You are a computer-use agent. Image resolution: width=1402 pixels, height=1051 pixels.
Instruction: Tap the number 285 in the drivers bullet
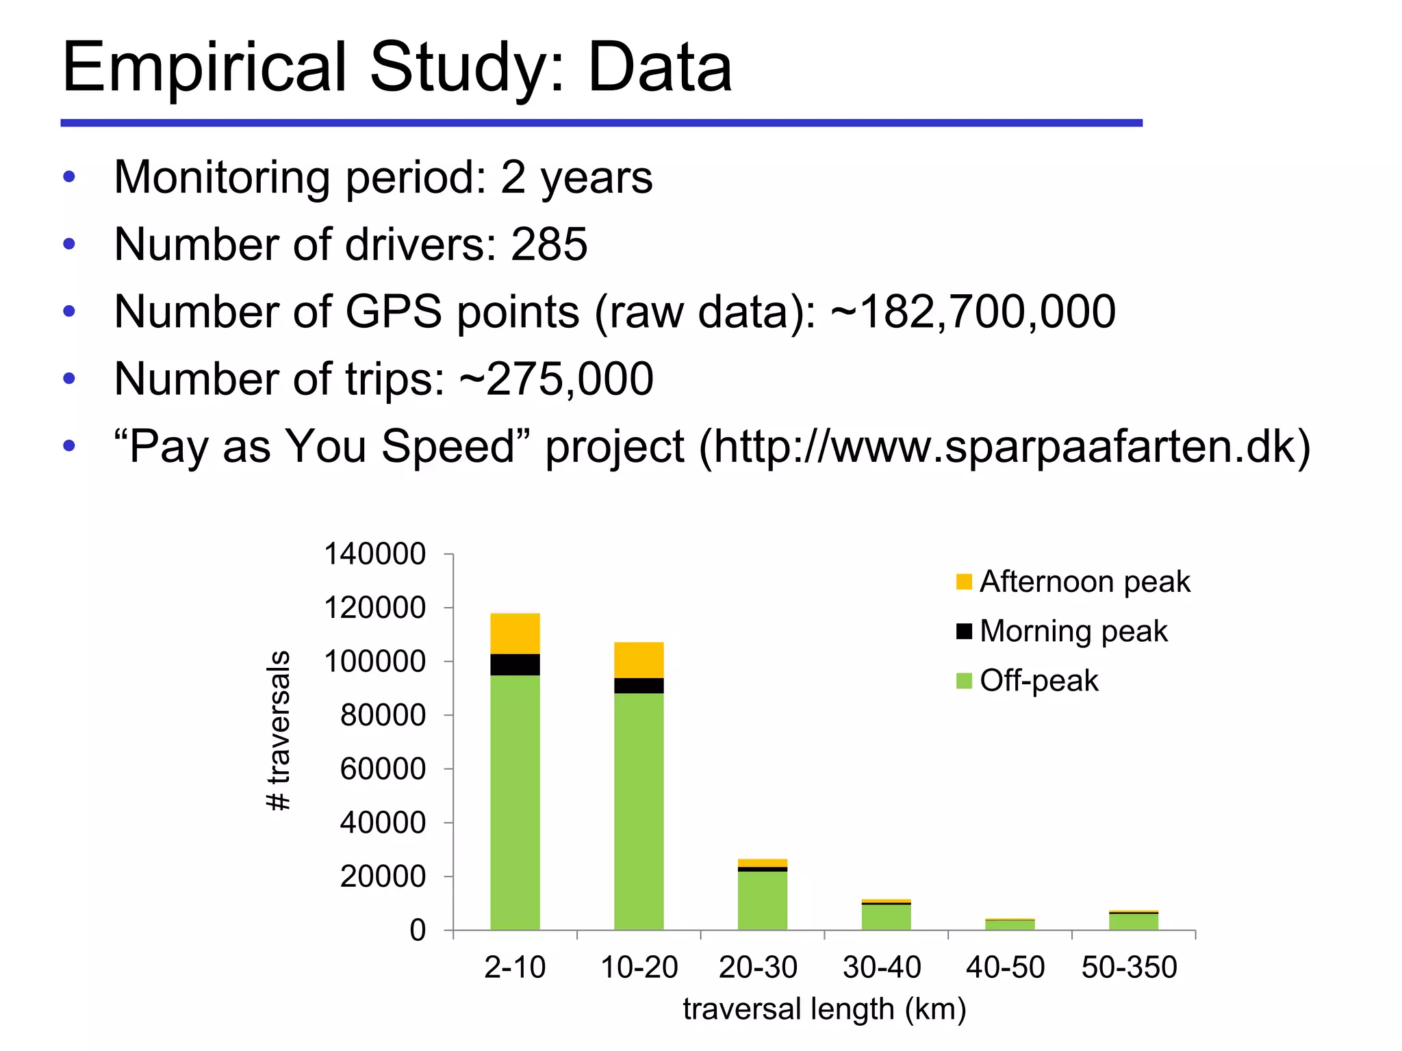pos(549,244)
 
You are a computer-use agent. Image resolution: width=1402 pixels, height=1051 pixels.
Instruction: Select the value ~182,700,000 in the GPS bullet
pos(973,312)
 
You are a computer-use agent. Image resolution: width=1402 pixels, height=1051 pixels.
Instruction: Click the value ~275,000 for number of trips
pos(556,379)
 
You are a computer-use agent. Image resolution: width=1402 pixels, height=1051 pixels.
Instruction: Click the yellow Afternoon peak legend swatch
pos(964,582)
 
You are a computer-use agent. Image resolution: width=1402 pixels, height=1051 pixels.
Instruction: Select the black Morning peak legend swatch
pos(964,632)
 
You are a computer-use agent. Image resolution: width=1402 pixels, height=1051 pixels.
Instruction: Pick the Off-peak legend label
pos(1038,681)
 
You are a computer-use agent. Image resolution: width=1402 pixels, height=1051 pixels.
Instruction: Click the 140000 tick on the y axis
pos(374,554)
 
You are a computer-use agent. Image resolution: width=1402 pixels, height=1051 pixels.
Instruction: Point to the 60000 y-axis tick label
pos(383,769)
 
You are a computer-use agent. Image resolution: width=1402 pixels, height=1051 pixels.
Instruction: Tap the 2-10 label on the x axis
pos(515,968)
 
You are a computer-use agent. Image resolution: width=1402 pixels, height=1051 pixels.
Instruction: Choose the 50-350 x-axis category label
pos(1129,968)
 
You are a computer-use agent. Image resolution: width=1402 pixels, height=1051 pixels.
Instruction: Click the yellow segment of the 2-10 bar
pos(515,634)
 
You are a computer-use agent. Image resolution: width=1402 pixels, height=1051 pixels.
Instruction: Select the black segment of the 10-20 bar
pos(639,686)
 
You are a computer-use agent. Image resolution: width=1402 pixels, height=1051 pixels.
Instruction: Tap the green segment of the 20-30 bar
pos(762,900)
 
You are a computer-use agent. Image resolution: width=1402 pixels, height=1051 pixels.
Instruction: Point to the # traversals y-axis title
pos(279,731)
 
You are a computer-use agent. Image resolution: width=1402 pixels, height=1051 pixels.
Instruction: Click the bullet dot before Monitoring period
pos(68,177)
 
